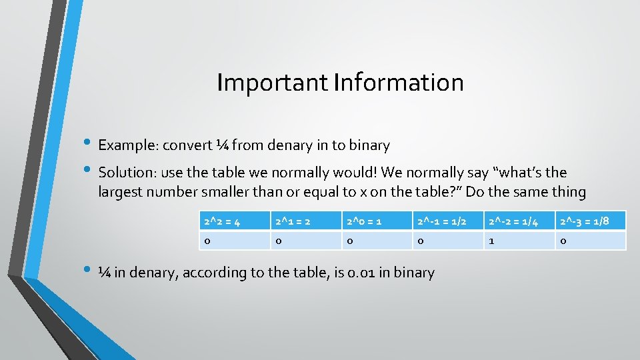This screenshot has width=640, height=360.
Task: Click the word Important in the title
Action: point(272,83)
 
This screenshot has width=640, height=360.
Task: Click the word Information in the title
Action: point(399,83)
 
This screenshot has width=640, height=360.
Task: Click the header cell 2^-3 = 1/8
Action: point(591,221)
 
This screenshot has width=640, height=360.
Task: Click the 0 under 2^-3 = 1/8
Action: point(591,240)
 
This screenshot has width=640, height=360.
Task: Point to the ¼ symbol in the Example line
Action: point(222,145)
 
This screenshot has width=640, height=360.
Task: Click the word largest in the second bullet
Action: point(121,193)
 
